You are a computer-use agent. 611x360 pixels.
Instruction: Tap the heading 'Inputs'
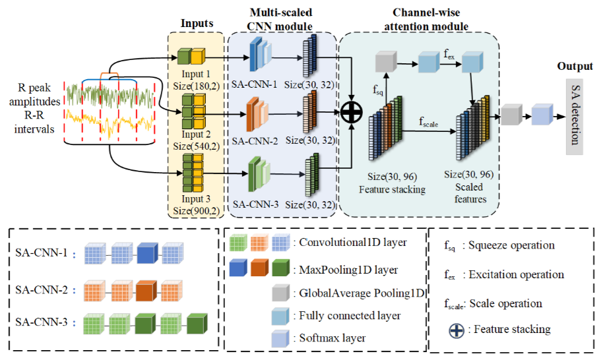tap(197, 24)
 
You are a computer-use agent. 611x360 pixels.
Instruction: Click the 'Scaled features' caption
tap(468, 193)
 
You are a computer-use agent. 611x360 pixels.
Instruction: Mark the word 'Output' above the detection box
tap(575, 67)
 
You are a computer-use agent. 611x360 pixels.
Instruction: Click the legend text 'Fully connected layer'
tap(350, 315)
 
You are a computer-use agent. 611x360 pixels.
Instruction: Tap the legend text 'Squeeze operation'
tap(511, 245)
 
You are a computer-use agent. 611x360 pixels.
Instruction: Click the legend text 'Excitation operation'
tap(516, 274)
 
